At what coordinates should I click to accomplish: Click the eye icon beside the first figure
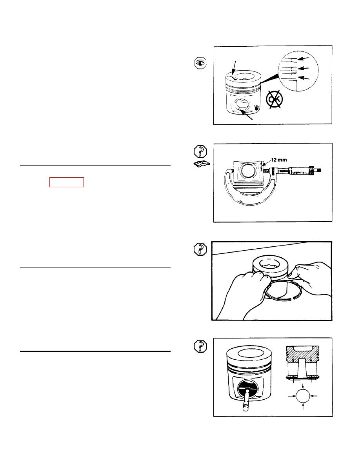pos(200,63)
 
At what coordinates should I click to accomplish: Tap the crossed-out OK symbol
pos(274,100)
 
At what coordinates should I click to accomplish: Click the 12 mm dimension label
pos(279,160)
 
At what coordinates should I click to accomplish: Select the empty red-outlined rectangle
pos(67,182)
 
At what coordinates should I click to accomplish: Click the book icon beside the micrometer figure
pos(202,164)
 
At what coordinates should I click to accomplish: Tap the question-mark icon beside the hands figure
pos(200,249)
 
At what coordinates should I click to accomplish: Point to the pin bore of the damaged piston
pos(242,106)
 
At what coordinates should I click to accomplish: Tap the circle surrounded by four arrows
pos(303,395)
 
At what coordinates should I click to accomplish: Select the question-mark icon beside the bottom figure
pos(200,346)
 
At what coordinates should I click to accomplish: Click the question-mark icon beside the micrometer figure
pos(200,151)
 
